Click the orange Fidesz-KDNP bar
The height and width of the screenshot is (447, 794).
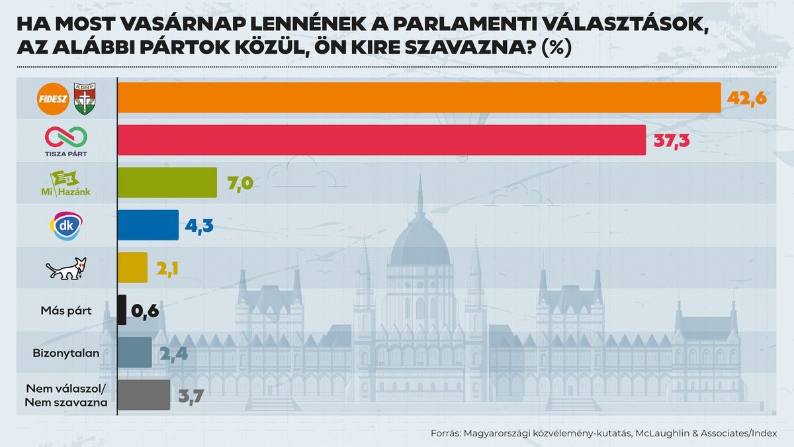[419, 98]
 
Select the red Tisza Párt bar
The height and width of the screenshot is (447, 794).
[381, 140]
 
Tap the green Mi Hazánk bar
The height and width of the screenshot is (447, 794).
[167, 182]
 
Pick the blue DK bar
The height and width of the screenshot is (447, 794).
[148, 224]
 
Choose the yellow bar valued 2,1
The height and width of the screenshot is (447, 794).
[132, 267]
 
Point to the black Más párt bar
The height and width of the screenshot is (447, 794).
[122, 309]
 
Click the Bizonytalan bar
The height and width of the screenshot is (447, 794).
[135, 352]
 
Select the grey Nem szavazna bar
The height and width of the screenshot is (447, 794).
[144, 395]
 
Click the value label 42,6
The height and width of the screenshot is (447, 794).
[746, 98]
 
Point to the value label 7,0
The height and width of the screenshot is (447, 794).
[241, 183]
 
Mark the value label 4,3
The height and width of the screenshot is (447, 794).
[198, 225]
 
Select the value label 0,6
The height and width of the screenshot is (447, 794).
[146, 310]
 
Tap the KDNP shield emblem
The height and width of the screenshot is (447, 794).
[85, 97]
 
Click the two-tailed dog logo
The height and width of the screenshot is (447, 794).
[66, 268]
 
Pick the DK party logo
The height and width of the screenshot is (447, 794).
[66, 225]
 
